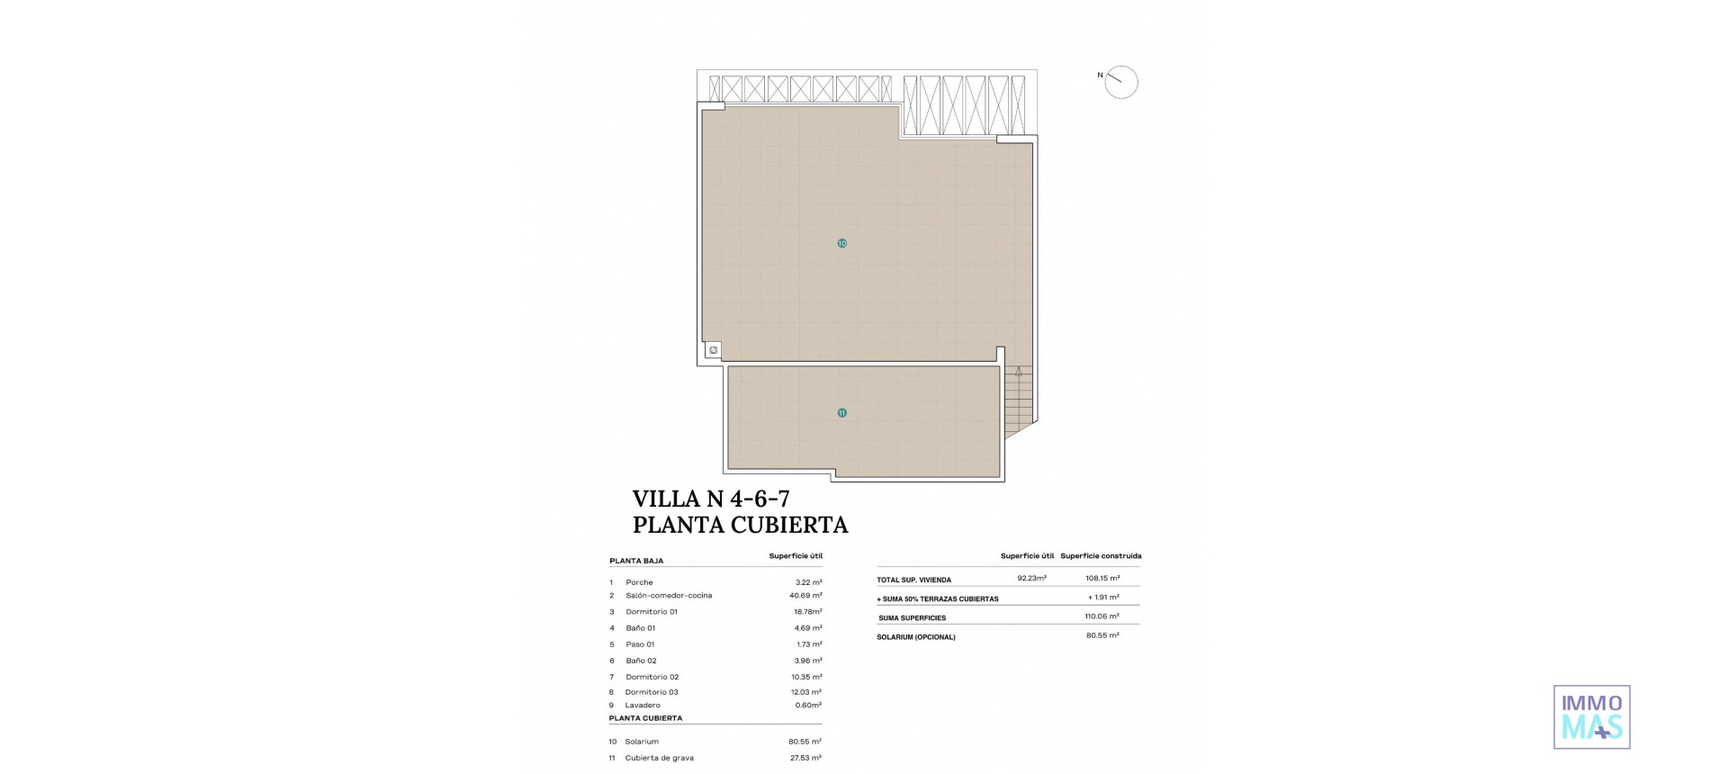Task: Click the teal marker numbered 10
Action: pyautogui.click(x=841, y=243)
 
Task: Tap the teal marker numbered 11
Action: pyautogui.click(x=841, y=413)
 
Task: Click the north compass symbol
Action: pyautogui.click(x=1120, y=82)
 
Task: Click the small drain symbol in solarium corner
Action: pyautogui.click(x=713, y=350)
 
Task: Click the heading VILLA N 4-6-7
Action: pyautogui.click(x=711, y=499)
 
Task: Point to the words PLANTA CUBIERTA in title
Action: pyautogui.click(x=740, y=525)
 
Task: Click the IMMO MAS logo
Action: pyautogui.click(x=1591, y=716)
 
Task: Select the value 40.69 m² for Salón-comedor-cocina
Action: pyautogui.click(x=805, y=596)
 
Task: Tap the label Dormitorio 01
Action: pyautogui.click(x=652, y=612)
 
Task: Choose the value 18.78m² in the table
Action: pyautogui.click(x=807, y=612)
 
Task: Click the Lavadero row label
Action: pyautogui.click(x=643, y=706)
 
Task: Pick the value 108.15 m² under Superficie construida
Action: pyautogui.click(x=1102, y=579)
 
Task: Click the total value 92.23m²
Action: pyautogui.click(x=1031, y=579)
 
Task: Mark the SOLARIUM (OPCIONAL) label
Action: pyautogui.click(x=915, y=637)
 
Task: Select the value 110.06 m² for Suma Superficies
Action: pyautogui.click(x=1102, y=616)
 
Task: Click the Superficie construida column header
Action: pyautogui.click(x=1101, y=556)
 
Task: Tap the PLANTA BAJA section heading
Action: pyautogui.click(x=636, y=561)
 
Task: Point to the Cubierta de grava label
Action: pyautogui.click(x=659, y=758)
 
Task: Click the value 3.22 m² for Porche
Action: pyautogui.click(x=808, y=582)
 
